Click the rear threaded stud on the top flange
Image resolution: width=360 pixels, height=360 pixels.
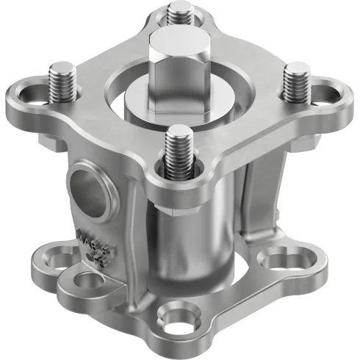[178, 16]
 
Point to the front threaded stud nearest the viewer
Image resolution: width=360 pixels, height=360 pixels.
[179, 151]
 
